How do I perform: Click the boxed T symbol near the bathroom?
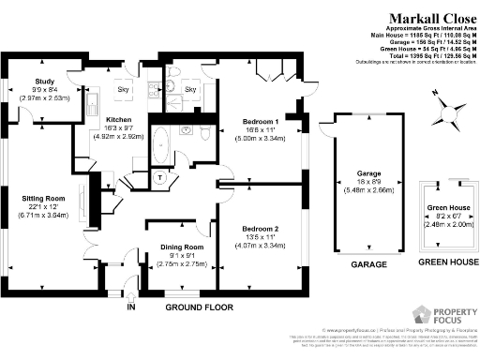(x=160, y=178)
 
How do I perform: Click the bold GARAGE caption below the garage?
(x=368, y=265)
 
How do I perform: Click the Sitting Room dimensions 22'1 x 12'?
(x=41, y=207)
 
